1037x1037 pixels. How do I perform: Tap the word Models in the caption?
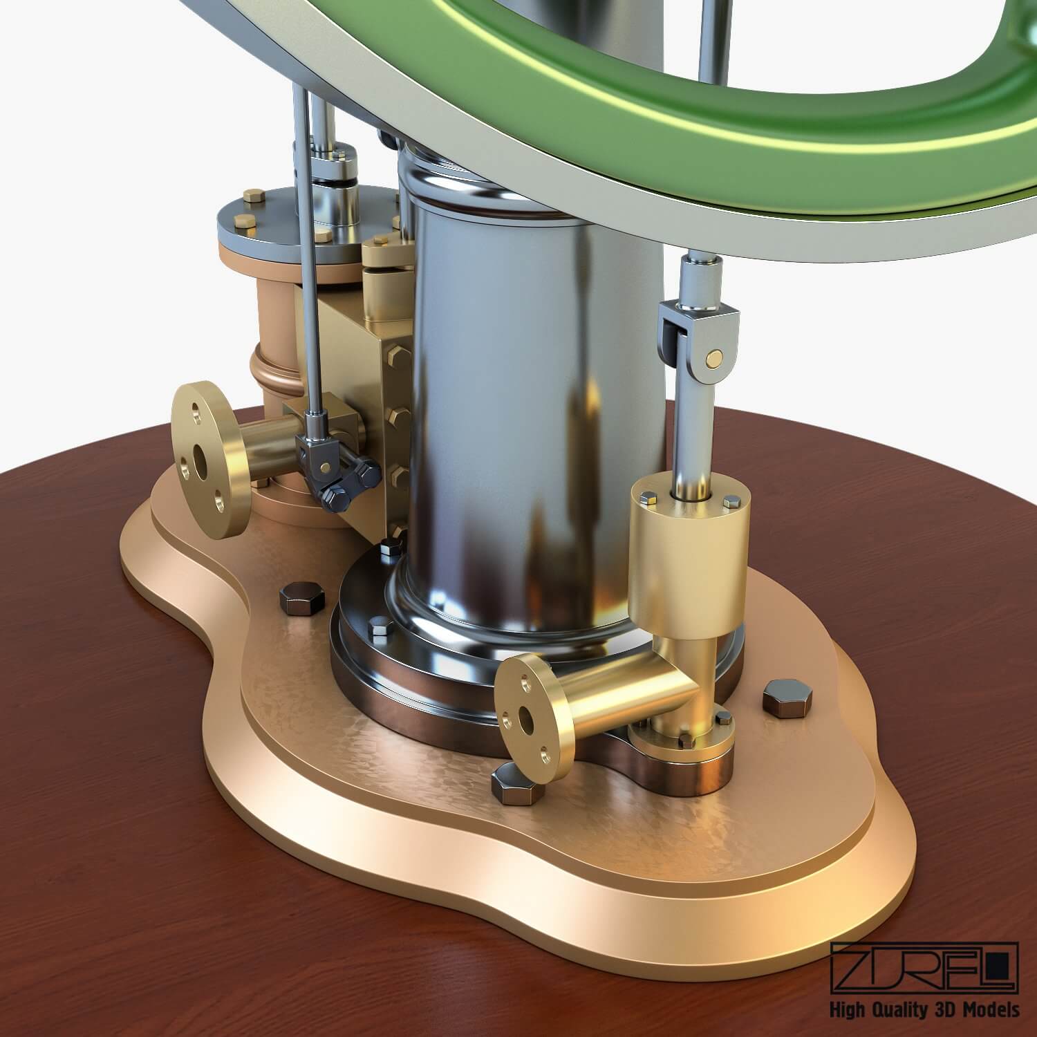click(993, 1010)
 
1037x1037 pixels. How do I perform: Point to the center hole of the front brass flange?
click(527, 720)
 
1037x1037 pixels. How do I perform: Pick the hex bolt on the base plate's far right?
click(782, 699)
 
